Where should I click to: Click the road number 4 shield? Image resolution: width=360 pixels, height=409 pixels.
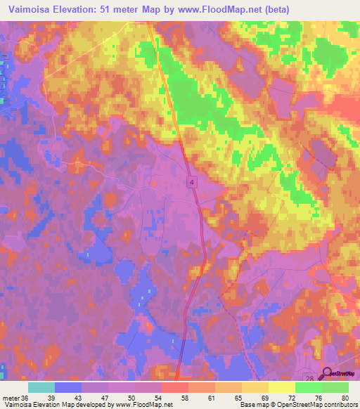tap(191, 181)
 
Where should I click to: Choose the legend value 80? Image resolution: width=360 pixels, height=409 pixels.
tap(345, 397)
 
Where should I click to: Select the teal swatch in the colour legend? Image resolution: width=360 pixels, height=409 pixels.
tap(41, 387)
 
